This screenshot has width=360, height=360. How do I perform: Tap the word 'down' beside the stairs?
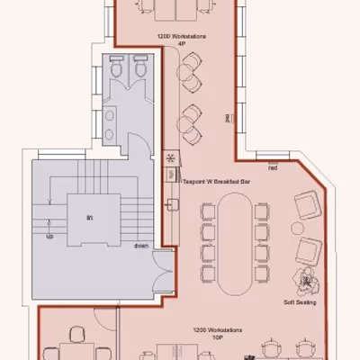pyautogui.click(x=142, y=244)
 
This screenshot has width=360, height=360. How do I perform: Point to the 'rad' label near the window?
pyautogui.click(x=272, y=167)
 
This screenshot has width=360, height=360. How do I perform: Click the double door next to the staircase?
pyautogui.click(x=163, y=271)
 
